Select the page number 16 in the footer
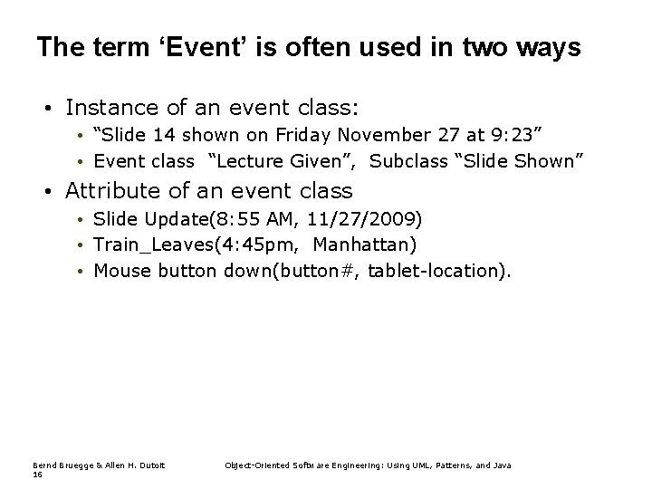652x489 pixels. pos(37,474)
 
